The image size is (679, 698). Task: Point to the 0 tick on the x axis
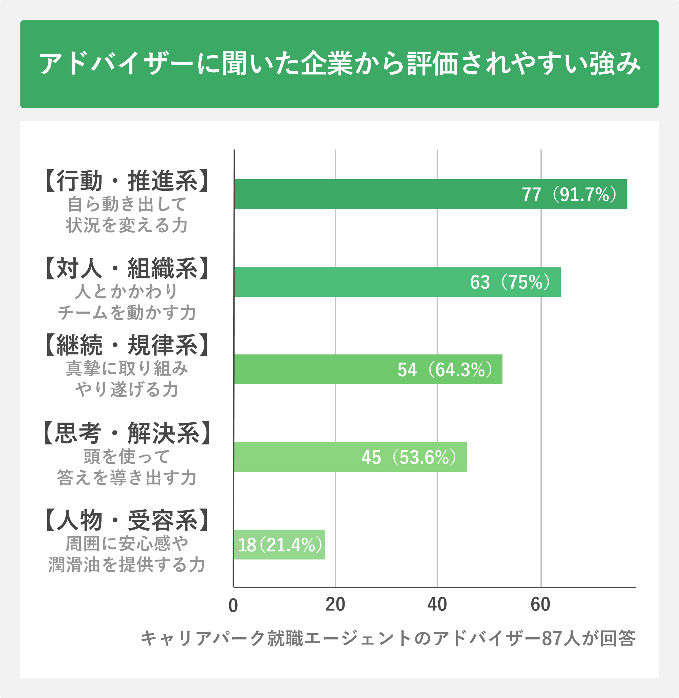click(x=233, y=606)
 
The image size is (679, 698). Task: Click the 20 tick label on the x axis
click(x=335, y=605)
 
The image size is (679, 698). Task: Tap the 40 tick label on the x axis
click(x=437, y=605)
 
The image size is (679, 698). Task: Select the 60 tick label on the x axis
click(x=540, y=605)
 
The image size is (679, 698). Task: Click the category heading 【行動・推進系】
click(x=127, y=181)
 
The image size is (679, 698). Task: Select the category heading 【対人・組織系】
click(x=127, y=269)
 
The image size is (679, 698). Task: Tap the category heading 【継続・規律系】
click(x=127, y=345)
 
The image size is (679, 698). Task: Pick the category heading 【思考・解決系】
click(x=127, y=433)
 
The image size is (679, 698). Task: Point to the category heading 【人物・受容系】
click(x=127, y=521)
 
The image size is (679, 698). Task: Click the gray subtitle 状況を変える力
click(x=127, y=225)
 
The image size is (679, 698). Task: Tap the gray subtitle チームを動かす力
click(x=127, y=313)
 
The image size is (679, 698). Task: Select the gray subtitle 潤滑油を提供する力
click(x=127, y=565)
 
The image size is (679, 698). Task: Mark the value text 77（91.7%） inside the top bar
click(x=570, y=195)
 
